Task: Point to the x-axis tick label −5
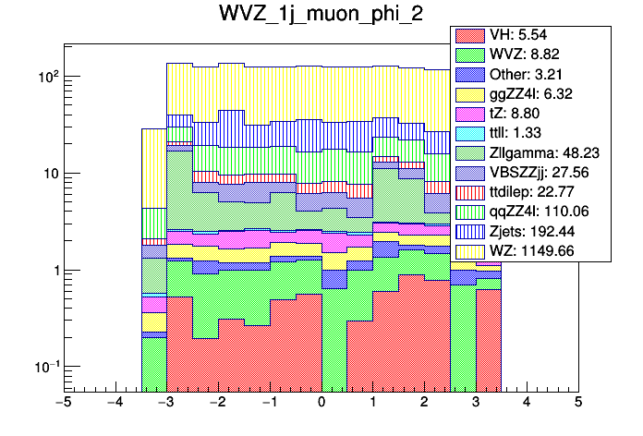[x=64, y=403]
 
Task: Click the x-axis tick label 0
[x=321, y=403]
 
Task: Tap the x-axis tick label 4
[x=527, y=403]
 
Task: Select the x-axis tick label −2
[x=217, y=403]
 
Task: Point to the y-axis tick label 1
[x=53, y=271]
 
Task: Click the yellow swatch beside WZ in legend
[x=470, y=249]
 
